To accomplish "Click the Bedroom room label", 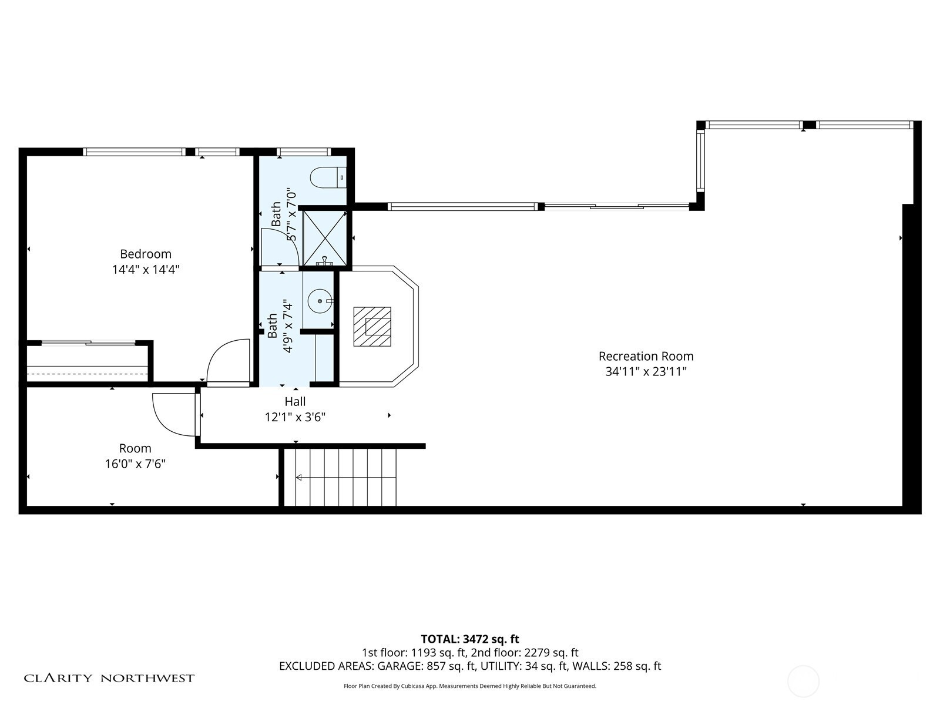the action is (x=146, y=254).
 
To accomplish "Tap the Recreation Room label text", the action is (x=646, y=356).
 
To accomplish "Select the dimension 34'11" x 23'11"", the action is (x=646, y=371).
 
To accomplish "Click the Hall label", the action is (x=295, y=401).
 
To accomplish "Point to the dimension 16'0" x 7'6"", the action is (x=135, y=464).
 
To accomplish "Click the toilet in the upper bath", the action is (x=328, y=177).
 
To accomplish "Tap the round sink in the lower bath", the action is (x=320, y=301).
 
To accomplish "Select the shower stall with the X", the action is (x=325, y=238).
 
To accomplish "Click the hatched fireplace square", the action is (x=372, y=327).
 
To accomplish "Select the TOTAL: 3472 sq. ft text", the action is (x=470, y=639).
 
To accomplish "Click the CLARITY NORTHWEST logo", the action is (x=109, y=678).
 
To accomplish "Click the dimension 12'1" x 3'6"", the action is (x=295, y=417).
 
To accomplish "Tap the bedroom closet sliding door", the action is (x=88, y=343).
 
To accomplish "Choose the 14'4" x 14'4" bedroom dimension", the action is (x=146, y=270).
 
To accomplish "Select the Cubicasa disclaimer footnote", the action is (x=470, y=686).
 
